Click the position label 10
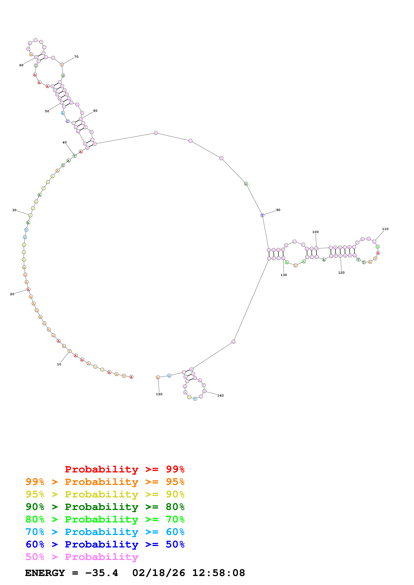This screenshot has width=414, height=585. click(59, 364)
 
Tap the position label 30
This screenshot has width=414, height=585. click(14, 210)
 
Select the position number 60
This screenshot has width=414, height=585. click(21, 65)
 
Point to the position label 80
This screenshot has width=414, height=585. click(95, 111)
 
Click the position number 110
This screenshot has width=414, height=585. click(385, 229)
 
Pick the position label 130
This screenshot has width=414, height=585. click(284, 275)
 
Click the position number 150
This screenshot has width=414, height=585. click(159, 394)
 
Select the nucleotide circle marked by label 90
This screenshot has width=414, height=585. click(262, 215)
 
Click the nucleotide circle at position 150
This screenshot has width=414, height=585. click(158, 377)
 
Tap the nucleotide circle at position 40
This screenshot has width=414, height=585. click(74, 156)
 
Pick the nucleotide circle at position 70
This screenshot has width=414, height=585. click(62, 65)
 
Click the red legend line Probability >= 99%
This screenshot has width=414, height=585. click(124, 469)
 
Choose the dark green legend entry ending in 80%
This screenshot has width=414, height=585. click(105, 507)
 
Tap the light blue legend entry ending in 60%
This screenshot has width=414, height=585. click(105, 532)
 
